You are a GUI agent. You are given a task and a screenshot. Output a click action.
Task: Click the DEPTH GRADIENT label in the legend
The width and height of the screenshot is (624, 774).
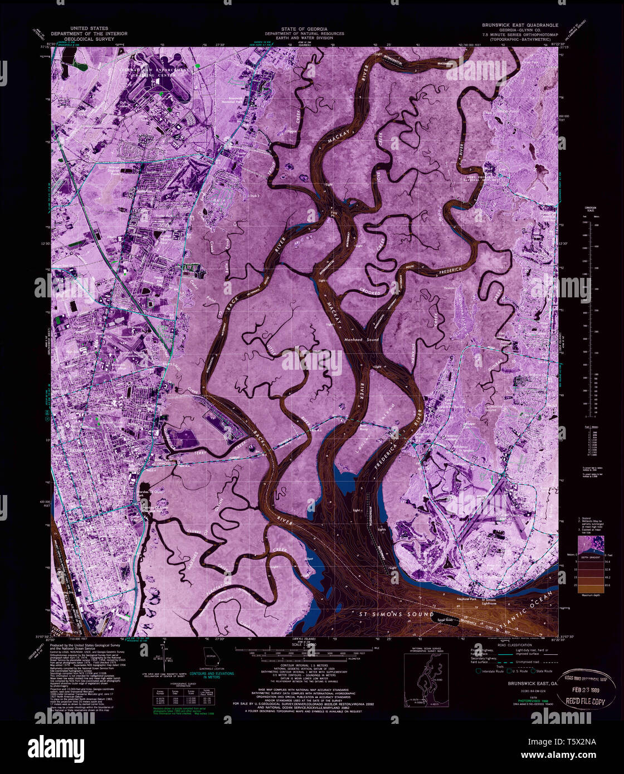coord(590,555)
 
